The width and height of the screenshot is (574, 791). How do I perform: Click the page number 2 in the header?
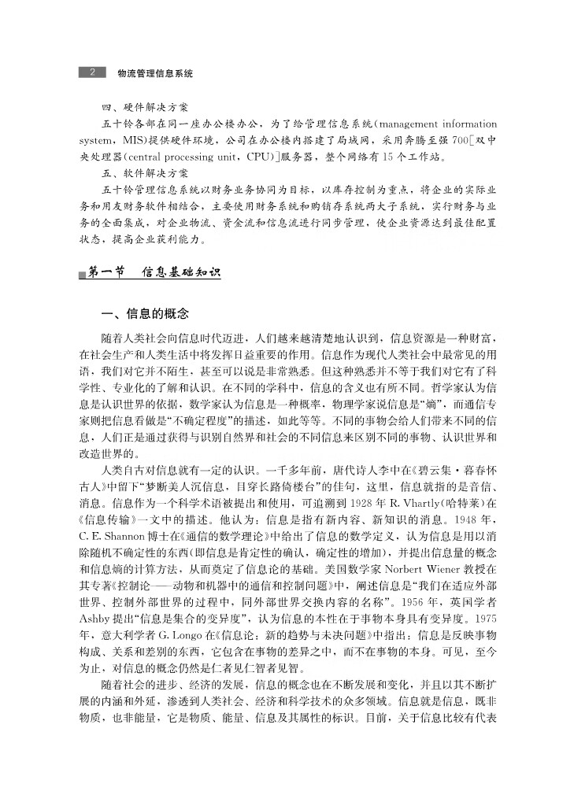click(92, 72)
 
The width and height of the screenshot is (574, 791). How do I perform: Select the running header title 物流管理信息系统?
click(154, 72)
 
